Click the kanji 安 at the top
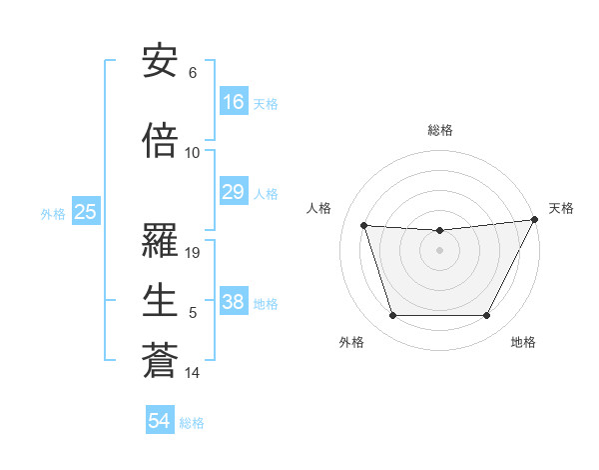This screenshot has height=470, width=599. point(160,63)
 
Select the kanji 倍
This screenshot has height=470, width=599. point(160,142)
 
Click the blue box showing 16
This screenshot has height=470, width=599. point(234,102)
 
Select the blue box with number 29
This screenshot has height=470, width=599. point(234,192)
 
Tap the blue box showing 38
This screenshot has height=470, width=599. point(234,302)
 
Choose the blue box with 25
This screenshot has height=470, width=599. point(85,212)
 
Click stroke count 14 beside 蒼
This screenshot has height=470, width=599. point(193,373)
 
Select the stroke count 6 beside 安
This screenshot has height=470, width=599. point(193,73)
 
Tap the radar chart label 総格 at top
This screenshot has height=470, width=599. point(440,130)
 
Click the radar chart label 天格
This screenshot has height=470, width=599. point(561,208)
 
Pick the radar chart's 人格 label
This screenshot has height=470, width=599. point(319,208)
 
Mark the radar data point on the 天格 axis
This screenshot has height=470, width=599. point(536,219)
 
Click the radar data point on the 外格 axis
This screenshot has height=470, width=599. point(392,316)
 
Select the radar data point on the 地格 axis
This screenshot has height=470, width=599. point(487,316)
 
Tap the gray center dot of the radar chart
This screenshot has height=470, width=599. point(439,250)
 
